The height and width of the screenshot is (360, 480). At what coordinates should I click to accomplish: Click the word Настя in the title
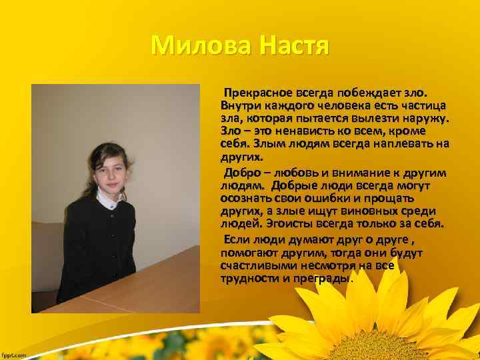(x=293, y=46)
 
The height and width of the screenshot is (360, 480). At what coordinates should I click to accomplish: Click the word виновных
(x=371, y=211)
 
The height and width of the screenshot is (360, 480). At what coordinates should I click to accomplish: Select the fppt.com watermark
(x=14, y=355)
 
